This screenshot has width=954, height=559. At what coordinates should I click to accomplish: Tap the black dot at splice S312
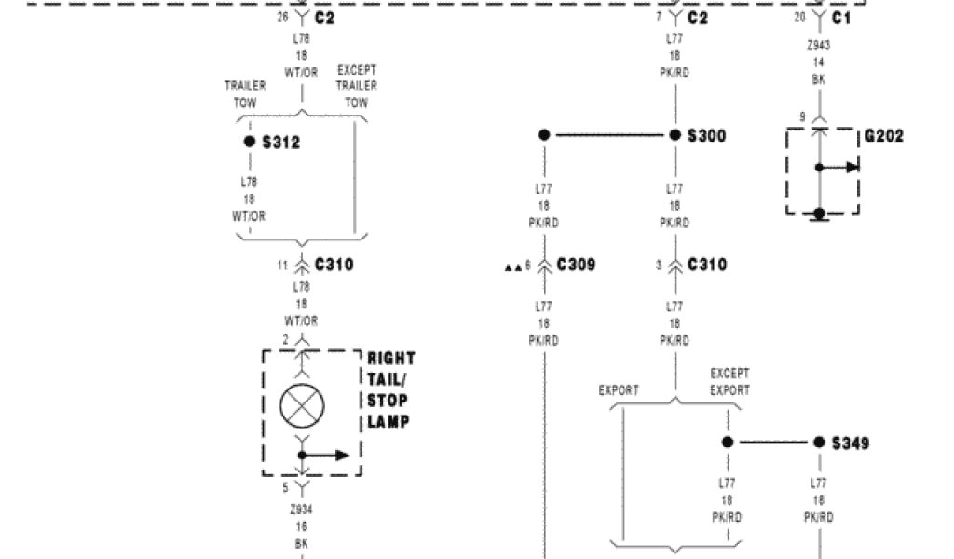tap(250, 142)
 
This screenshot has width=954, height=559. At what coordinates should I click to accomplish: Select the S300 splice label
tap(706, 136)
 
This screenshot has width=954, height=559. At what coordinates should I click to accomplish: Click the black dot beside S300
tap(675, 135)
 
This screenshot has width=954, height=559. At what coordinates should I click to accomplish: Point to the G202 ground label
tap(883, 136)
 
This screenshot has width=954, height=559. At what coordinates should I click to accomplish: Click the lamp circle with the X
tap(302, 404)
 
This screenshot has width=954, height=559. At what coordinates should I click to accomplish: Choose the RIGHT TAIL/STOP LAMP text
tap(391, 390)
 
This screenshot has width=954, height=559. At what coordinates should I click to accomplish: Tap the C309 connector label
tap(576, 266)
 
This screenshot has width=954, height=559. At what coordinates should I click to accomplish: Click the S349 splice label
tap(850, 443)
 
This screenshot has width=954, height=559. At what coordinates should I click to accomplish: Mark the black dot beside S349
tap(819, 443)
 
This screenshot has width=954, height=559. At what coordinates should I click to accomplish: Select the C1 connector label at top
tap(841, 18)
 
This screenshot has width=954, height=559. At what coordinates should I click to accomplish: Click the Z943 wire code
tap(818, 45)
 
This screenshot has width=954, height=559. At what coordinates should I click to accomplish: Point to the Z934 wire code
tap(301, 510)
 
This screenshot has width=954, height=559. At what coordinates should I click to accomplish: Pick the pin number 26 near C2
tap(283, 18)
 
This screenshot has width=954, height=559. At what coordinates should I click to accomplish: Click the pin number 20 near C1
tap(799, 18)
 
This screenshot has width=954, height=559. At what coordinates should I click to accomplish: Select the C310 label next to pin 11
tap(334, 266)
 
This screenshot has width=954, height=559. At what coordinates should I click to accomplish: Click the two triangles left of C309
tap(512, 267)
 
